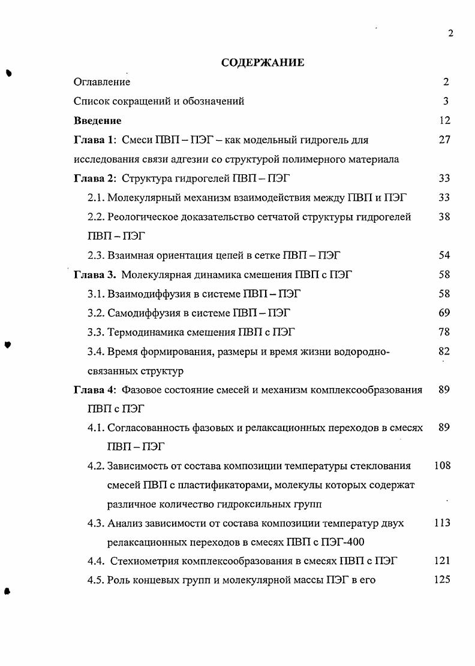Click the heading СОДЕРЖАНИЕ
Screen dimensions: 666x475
coord(263,62)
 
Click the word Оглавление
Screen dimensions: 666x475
coord(102,82)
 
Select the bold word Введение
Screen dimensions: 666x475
coord(98,121)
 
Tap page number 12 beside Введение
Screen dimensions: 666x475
coord(444,121)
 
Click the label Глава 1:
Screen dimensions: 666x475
coord(95,140)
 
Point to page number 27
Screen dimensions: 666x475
coord(444,140)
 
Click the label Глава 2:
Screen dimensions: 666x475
coord(95,178)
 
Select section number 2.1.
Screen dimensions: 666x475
coord(95,198)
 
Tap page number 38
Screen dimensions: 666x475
coord(444,217)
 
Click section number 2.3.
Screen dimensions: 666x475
coord(95,256)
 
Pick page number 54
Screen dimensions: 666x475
coord(444,256)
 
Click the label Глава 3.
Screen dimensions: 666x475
coord(94,276)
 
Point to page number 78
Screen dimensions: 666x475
coord(444,332)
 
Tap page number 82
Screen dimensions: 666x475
coord(444,351)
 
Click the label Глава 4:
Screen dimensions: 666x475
coord(95,390)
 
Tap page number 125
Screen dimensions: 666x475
coord(442,580)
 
